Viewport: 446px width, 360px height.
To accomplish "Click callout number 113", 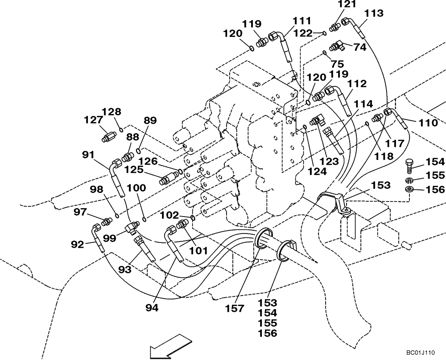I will click(373, 14).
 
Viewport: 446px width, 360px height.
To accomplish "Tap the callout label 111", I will click(302, 20).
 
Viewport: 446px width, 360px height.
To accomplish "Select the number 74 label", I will click(359, 47).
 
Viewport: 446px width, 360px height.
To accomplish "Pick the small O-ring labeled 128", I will click(121, 130).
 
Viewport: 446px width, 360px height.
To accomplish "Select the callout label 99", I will click(110, 238).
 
